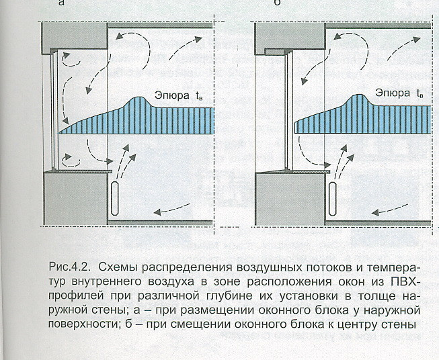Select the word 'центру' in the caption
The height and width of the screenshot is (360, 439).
[360, 326]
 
